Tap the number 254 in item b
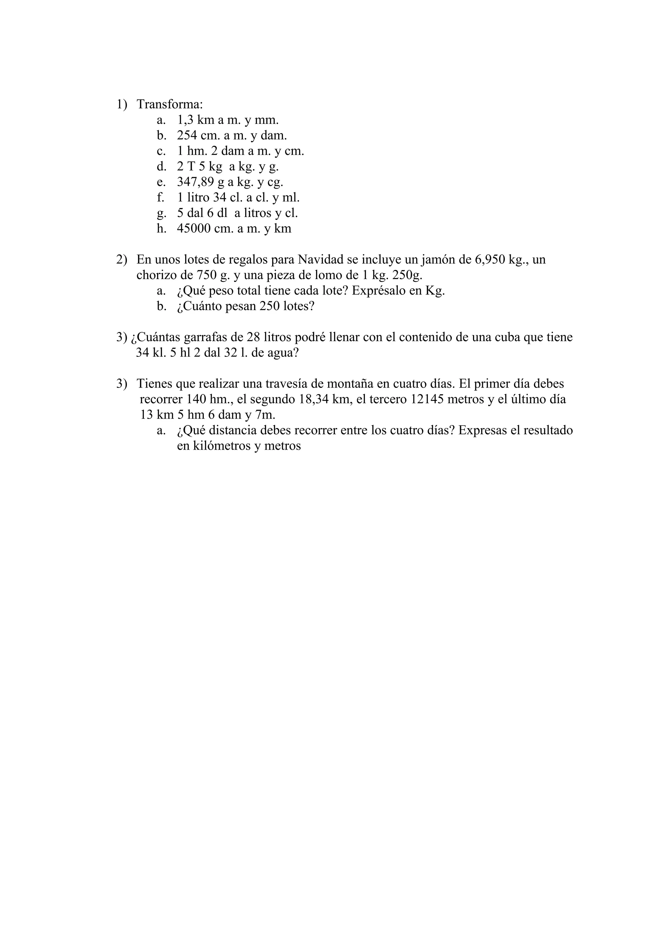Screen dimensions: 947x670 tap(187, 135)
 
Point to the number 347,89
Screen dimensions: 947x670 tap(195, 182)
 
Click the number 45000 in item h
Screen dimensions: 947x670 tap(194, 228)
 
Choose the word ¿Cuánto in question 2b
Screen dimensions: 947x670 tap(200, 307)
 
